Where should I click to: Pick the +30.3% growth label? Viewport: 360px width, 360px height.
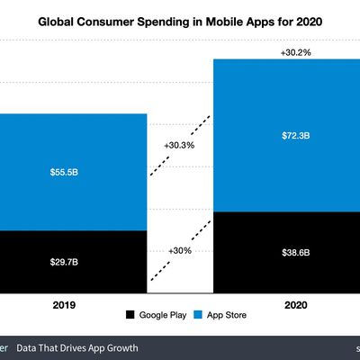point(179,144)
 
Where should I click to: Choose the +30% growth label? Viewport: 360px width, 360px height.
point(179,254)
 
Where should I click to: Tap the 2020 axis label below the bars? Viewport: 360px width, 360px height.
point(295,305)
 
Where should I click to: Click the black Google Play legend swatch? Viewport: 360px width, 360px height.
point(131,315)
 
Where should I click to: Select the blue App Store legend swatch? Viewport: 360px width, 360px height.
point(202,315)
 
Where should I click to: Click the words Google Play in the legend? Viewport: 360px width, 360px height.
point(165,315)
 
